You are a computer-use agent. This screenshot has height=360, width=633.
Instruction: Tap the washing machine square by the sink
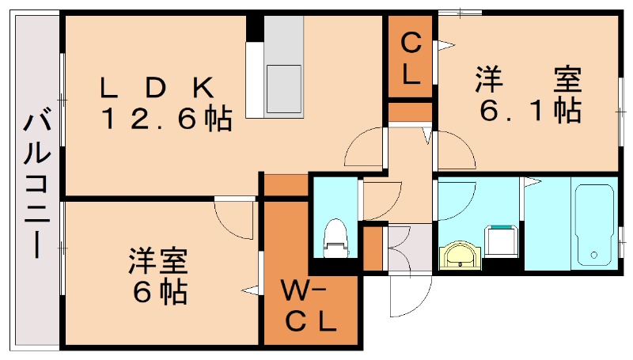tap(501, 241)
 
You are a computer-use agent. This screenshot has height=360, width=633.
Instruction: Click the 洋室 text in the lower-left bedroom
tap(158, 260)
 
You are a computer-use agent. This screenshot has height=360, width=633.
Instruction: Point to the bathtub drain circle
tap(594, 256)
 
